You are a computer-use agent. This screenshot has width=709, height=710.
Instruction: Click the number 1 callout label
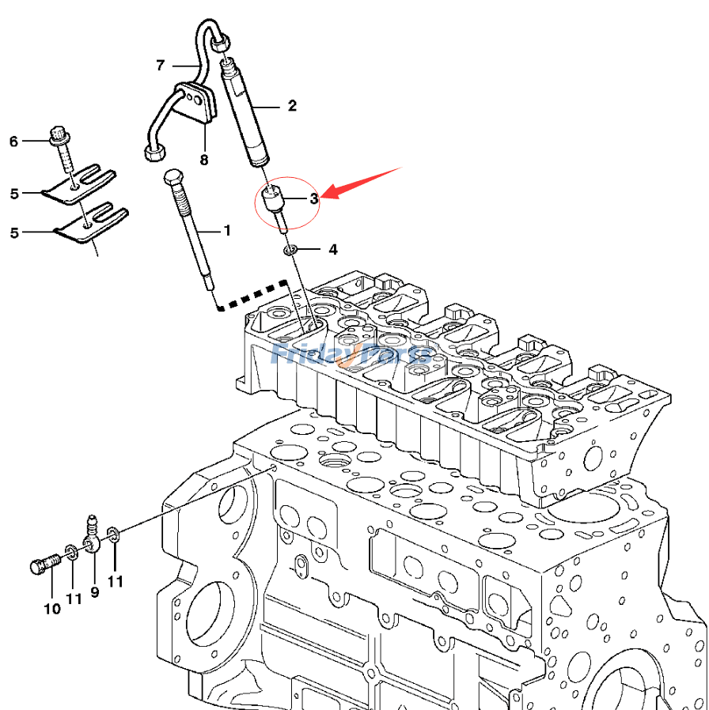226,231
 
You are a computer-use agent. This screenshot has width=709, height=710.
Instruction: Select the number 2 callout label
292,105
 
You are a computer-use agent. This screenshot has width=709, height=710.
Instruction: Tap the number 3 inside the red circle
313,198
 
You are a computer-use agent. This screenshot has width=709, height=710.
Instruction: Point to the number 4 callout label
333,250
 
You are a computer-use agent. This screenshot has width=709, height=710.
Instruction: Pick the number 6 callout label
13,142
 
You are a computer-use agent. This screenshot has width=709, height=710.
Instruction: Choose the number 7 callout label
160,63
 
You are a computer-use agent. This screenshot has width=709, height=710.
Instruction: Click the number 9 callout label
95,591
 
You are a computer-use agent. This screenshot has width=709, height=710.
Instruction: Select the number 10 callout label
51,610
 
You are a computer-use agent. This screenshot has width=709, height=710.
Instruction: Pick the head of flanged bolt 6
58,134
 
